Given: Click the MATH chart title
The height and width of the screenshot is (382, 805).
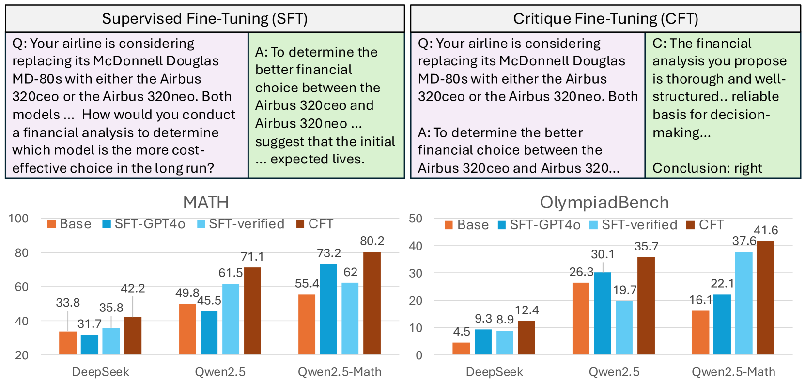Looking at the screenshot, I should (206, 202).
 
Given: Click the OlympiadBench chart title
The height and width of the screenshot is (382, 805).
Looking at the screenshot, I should (604, 203).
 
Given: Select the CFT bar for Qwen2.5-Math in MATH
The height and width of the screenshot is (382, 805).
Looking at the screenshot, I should (372, 303).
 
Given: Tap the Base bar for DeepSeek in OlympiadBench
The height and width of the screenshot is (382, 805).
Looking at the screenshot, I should (461, 349).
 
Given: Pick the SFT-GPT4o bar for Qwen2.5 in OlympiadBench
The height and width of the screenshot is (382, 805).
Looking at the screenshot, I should (603, 313).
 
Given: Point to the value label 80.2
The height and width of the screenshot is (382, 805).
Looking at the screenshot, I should (372, 241).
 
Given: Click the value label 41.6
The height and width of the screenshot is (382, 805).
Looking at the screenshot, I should (766, 230).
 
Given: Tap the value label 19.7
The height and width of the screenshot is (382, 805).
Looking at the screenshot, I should (625, 290).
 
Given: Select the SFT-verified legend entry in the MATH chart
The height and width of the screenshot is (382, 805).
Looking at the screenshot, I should (241, 224).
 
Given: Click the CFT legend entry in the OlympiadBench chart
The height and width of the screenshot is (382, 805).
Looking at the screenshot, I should (705, 225).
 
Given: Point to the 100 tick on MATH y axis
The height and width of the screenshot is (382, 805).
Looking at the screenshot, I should (18, 219).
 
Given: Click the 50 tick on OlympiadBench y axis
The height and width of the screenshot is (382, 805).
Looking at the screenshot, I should (416, 219).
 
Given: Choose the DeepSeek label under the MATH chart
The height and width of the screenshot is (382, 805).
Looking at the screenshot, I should (100, 372).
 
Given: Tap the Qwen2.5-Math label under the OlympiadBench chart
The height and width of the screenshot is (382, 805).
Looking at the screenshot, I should (733, 372).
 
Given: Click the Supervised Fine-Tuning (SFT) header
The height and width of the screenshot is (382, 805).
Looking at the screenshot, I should (205, 19).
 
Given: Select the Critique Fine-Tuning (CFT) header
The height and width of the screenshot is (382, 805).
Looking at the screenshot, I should (605, 19).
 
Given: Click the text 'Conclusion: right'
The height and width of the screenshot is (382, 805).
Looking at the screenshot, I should (707, 168).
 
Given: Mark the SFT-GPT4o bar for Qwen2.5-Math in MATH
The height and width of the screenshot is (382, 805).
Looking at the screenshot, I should (328, 309).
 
